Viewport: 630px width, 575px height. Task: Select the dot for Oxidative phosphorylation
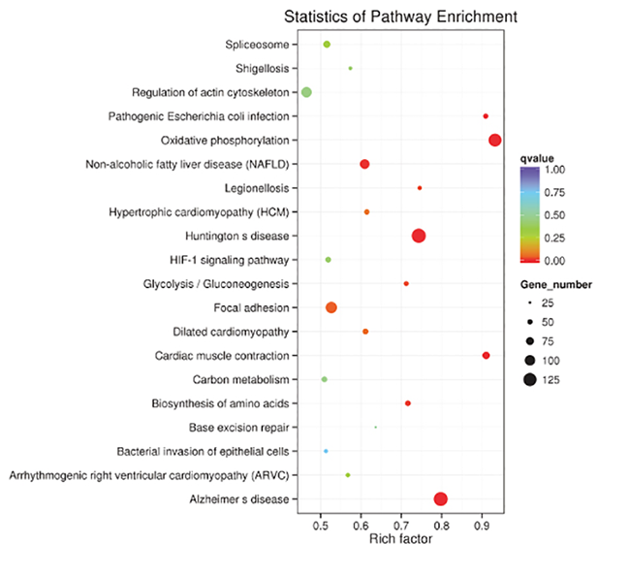coord(495,140)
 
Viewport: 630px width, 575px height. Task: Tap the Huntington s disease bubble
coord(419,236)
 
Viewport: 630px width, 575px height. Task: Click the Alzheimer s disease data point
coord(441,498)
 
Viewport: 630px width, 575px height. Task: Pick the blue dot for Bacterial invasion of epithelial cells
coord(326,451)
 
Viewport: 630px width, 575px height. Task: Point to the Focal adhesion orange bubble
coord(331,307)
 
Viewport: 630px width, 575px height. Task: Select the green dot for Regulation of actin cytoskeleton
coord(306,92)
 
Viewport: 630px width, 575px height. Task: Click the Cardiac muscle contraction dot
coord(486,356)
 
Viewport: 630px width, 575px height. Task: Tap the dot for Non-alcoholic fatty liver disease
coord(364,164)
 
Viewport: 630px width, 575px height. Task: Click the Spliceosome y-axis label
coord(256,45)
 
